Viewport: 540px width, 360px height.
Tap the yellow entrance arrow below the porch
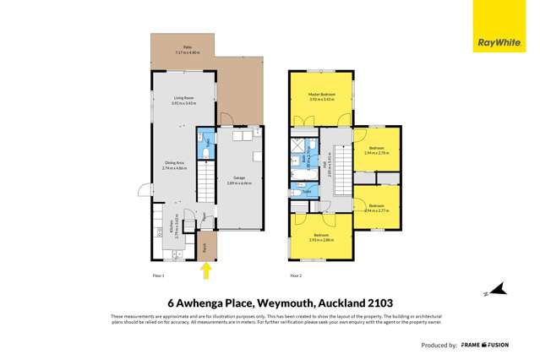[205, 270]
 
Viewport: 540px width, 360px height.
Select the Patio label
[182, 49]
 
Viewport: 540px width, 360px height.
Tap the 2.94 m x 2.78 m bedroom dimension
[376, 154]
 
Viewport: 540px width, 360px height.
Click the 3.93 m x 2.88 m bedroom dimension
[322, 240]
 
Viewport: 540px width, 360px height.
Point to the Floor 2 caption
[295, 276]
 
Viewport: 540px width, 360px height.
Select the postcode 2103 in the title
[378, 302]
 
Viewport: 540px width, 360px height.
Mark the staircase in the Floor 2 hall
[342, 164]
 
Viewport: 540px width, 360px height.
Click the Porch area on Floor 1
[206, 247]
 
